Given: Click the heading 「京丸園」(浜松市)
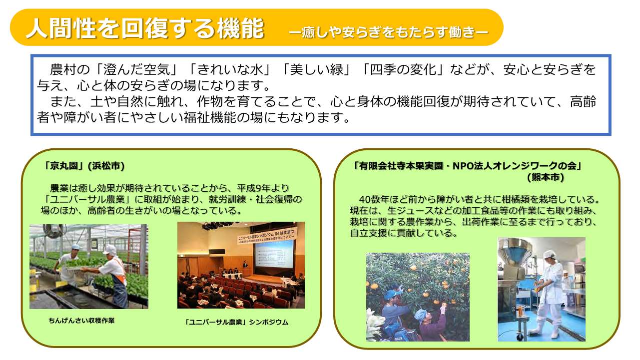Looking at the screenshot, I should (x=83, y=166).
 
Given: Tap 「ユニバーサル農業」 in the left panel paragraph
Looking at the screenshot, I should (x=82, y=199).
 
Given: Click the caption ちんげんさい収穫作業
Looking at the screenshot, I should (x=81, y=321).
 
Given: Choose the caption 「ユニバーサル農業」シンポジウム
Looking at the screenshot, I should (x=236, y=322).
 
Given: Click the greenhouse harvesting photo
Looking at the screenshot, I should (x=88, y=267).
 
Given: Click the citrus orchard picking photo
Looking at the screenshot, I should (x=418, y=297).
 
